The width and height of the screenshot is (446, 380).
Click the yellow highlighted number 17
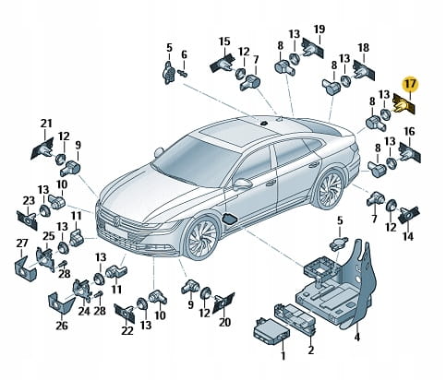point(410,84)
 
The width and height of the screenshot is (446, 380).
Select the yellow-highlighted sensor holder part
point(404,105)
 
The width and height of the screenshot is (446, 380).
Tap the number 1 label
point(283,355)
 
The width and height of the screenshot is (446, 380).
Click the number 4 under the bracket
point(357,337)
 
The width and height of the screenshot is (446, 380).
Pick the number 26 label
point(62,326)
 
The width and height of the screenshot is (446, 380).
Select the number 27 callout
point(22,243)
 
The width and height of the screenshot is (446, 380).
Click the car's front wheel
point(202,238)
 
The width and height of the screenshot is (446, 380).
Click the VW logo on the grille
point(117,220)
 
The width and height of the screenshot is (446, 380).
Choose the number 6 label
point(184,55)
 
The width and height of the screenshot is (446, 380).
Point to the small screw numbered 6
point(183,74)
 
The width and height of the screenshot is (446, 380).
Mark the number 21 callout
point(46,124)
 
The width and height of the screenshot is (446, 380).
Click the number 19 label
point(319,30)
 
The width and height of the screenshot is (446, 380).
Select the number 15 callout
point(224,42)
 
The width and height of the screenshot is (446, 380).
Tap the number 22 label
point(127,330)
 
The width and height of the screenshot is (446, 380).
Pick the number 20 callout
point(224,322)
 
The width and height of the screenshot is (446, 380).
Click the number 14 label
point(408,236)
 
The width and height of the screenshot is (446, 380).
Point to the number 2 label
point(310,350)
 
